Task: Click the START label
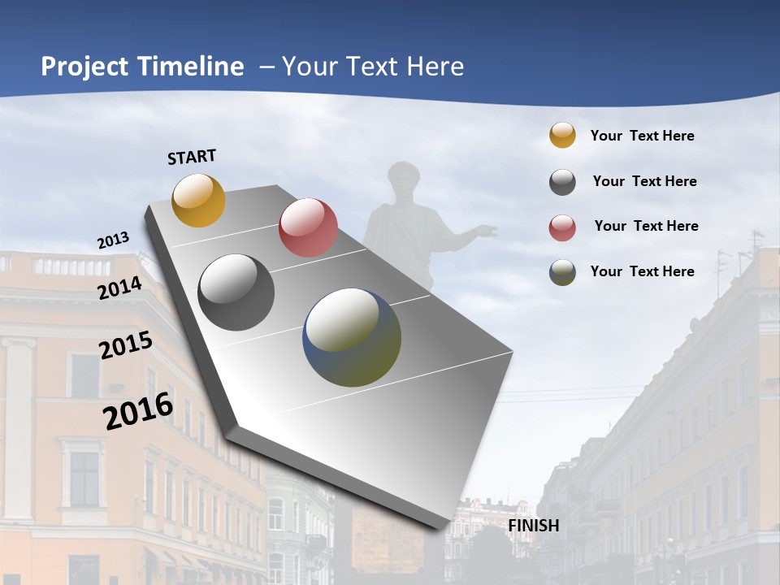pyautogui.click(x=192, y=157)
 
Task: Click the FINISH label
pyautogui.click(x=533, y=526)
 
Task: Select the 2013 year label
pyautogui.click(x=113, y=240)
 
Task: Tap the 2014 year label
pyautogui.click(x=120, y=288)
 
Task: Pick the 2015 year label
pyautogui.click(x=126, y=345)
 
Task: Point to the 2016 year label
pyautogui.click(x=138, y=411)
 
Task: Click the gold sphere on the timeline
pyautogui.click(x=198, y=200)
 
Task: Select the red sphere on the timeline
pyautogui.click(x=308, y=227)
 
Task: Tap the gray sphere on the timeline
pyautogui.click(x=236, y=292)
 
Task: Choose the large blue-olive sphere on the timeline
pyautogui.click(x=352, y=337)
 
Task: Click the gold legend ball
pyautogui.click(x=562, y=136)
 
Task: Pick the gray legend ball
pyautogui.click(x=562, y=182)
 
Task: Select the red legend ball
pyautogui.click(x=562, y=227)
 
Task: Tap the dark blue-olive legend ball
pyautogui.click(x=562, y=272)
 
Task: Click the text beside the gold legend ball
pyautogui.click(x=642, y=136)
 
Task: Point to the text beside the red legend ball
pyautogui.click(x=646, y=226)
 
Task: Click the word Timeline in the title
pyautogui.click(x=191, y=67)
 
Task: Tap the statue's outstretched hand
pyautogui.click(x=487, y=232)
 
